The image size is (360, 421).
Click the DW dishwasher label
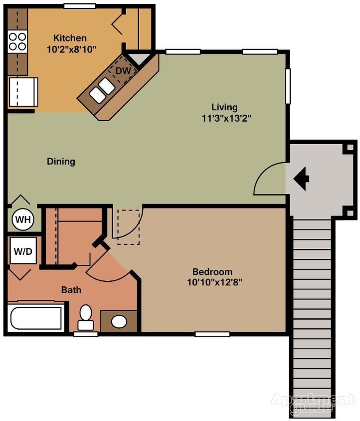123,71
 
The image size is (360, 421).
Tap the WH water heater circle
22,219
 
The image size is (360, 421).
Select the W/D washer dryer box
22,251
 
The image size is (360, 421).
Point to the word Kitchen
70,38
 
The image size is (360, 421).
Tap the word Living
224,107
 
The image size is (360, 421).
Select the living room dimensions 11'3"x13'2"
224,118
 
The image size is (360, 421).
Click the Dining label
61,161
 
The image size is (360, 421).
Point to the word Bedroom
212,272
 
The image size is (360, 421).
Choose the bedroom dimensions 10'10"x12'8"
212,282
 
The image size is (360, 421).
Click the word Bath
71,289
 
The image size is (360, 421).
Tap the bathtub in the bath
35,318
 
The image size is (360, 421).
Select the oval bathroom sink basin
119,321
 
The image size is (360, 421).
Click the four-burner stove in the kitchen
17,41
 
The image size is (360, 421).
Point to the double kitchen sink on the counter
102,90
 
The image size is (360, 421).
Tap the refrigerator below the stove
23,92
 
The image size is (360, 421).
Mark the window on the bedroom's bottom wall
212,334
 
